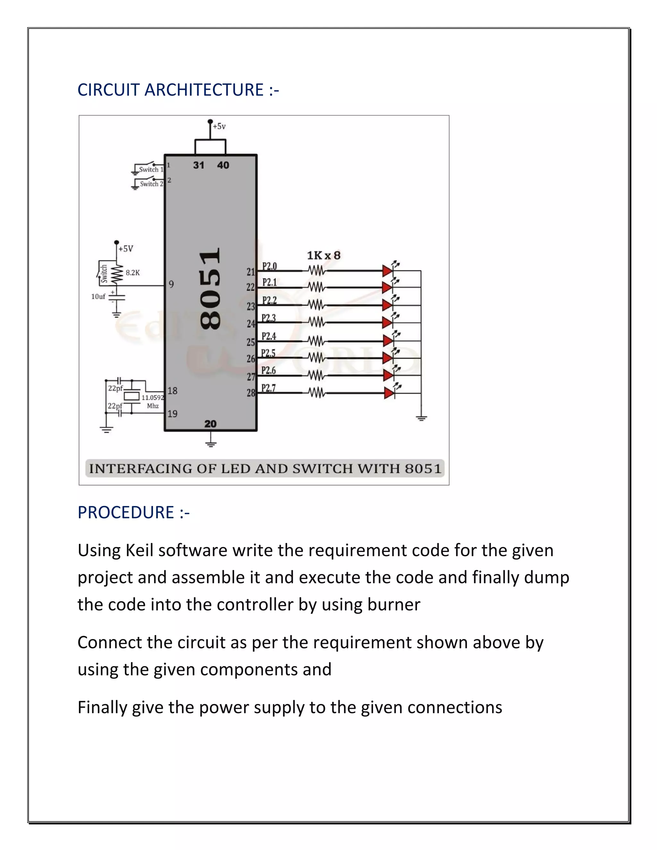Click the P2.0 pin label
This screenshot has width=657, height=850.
coord(269,266)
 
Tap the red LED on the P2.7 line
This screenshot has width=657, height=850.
coord(389,393)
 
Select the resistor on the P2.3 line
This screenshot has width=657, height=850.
coord(316,322)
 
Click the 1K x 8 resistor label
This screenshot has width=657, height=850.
coord(323,256)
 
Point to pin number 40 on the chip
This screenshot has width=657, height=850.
coord(223,166)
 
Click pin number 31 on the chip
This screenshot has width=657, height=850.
coord(199,166)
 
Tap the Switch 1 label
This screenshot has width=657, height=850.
coord(151,170)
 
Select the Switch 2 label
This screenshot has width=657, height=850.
coord(151,184)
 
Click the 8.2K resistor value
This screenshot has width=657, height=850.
coord(133,273)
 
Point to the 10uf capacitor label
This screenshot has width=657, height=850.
coord(98,297)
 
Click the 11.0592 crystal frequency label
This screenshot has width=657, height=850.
coord(153,398)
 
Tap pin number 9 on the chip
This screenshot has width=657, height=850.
coord(171,285)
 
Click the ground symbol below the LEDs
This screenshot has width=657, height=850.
coord(421,419)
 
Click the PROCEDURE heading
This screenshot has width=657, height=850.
coord(126,513)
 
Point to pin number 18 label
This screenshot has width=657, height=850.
coord(172,391)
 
